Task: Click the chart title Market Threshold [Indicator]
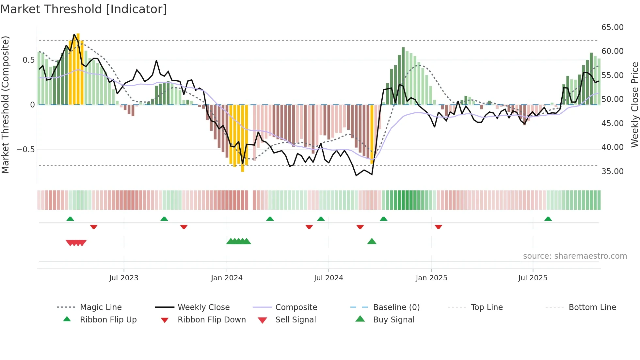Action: pos(84,9)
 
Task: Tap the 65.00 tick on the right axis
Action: pos(612,27)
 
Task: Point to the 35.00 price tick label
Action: pos(612,172)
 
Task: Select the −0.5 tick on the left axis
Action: pos(25,150)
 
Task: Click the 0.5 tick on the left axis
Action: pos(28,60)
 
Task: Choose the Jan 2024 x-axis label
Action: pos(227,278)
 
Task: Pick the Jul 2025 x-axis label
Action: pos(533,278)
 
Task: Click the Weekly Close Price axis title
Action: pos(634,105)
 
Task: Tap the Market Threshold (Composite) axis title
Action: pos(5,105)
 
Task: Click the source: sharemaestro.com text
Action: pos(575,256)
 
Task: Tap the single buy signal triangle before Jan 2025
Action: pos(372,242)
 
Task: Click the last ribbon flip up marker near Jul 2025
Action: pos(548,219)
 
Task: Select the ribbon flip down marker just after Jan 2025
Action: pos(438,227)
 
